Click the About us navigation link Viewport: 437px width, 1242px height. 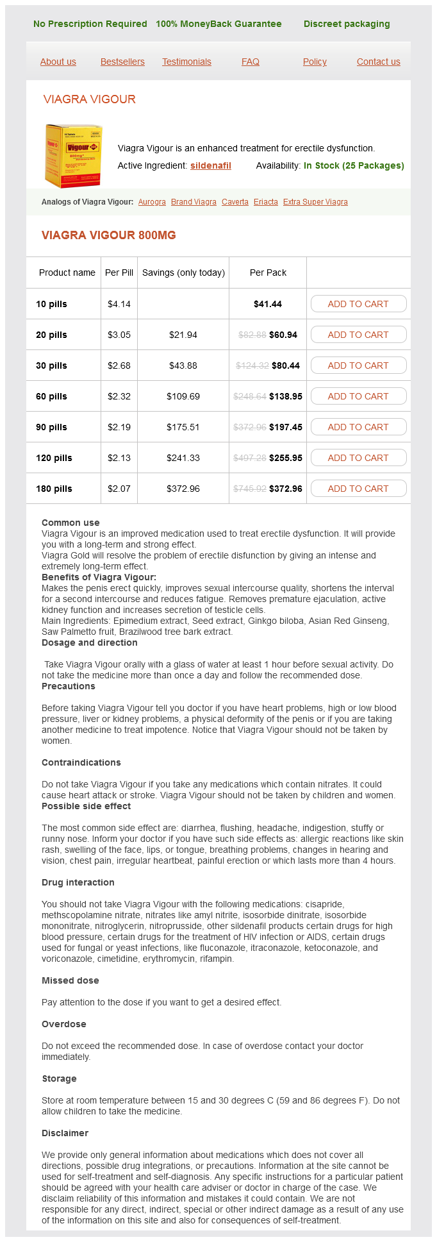click(58, 62)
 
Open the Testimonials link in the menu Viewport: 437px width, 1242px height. click(186, 62)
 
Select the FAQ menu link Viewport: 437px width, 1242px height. click(251, 62)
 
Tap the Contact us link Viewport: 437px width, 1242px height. click(378, 62)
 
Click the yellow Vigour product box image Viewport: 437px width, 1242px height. click(73, 156)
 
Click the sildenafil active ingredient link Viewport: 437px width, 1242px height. click(211, 165)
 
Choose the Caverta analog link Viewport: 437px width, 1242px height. click(235, 202)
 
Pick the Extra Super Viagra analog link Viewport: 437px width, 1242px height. click(315, 202)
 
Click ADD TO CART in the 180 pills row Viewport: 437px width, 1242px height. click(358, 489)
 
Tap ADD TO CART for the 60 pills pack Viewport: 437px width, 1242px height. click(358, 396)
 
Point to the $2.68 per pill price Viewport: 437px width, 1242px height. click(119, 365)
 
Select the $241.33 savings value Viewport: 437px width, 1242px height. click(183, 458)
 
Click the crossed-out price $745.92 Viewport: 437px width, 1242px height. click(250, 489)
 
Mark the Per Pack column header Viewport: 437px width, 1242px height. click(268, 273)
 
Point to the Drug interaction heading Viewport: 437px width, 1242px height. click(78, 882)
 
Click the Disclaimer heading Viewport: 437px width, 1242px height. click(65, 1133)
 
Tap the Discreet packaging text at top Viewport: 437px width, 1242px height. click(347, 24)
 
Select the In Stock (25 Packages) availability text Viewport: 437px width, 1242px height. click(354, 165)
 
